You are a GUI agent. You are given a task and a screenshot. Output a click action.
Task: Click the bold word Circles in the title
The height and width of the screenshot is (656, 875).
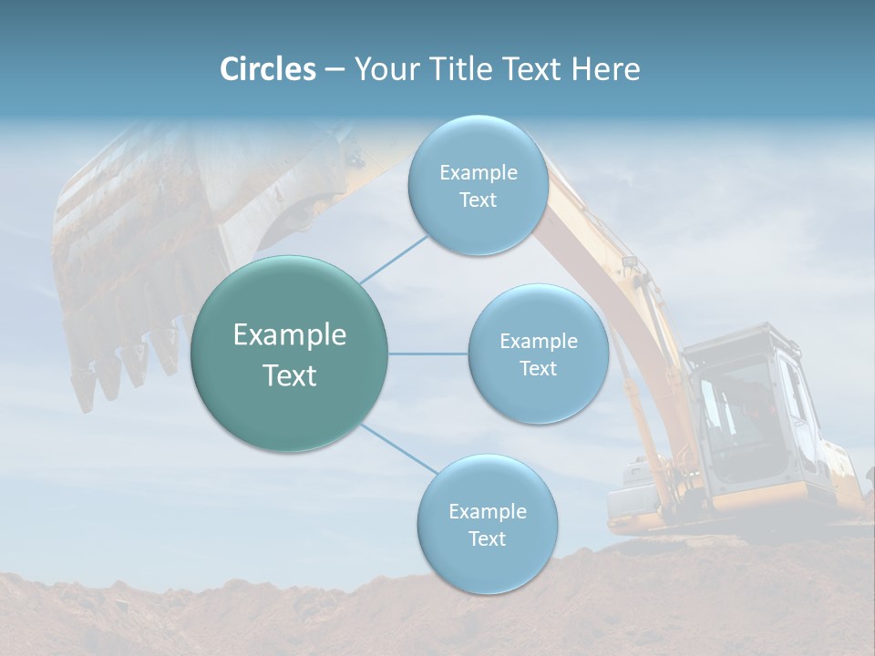tap(267, 69)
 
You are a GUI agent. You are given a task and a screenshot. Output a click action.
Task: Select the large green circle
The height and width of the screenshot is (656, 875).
tap(290, 354)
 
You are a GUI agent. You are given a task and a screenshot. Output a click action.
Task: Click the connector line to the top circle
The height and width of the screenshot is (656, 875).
tap(394, 259)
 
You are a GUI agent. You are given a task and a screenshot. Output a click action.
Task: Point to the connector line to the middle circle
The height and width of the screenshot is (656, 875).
tap(428, 354)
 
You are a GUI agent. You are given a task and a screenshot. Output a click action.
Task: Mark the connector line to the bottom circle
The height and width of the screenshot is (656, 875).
tap(396, 449)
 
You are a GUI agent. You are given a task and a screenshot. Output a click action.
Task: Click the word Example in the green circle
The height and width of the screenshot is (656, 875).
tap(290, 335)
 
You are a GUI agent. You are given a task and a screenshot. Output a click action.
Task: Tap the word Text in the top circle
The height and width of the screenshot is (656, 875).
tap(478, 200)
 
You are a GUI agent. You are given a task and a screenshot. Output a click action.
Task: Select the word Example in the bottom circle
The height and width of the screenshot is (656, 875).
tap(487, 511)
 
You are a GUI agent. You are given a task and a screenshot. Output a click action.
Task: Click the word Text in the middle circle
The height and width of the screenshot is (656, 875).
tap(538, 368)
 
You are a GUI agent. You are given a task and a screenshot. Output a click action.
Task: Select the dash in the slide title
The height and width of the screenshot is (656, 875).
tap(334, 70)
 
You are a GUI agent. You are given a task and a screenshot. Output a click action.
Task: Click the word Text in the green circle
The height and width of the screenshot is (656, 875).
tap(290, 375)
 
